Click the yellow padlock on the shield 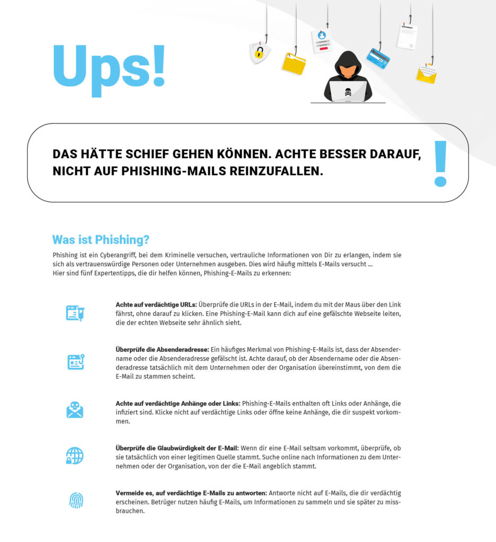pyautogui.click(x=259, y=52)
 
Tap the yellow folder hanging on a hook pyautogui.click(x=293, y=64)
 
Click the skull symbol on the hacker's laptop pyautogui.click(x=348, y=91)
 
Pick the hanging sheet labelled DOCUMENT pyautogui.click(x=407, y=36)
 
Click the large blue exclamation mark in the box pyautogui.click(x=440, y=164)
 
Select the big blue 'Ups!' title pyautogui.click(x=109, y=67)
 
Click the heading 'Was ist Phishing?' pyautogui.click(x=101, y=240)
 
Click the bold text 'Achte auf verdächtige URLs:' pyautogui.click(x=156, y=304)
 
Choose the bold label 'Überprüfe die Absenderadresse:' pyautogui.click(x=162, y=350)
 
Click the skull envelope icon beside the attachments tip pyautogui.click(x=75, y=410)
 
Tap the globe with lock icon pyautogui.click(x=75, y=455)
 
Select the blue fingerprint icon pyautogui.click(x=76, y=500)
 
